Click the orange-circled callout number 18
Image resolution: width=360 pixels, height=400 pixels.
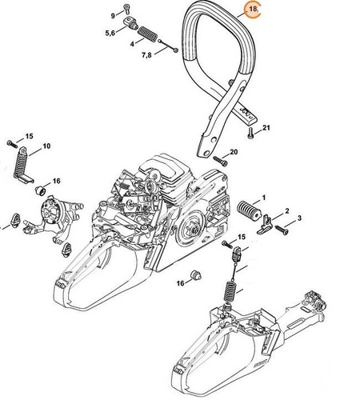coord(254,11)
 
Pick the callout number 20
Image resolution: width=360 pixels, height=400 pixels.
coord(234,152)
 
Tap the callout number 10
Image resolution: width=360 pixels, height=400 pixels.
coord(46,146)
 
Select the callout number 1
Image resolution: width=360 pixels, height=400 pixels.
coord(265,197)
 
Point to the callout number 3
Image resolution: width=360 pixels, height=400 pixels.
coord(298,218)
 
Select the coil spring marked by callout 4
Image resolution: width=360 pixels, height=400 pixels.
coord(149,35)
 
